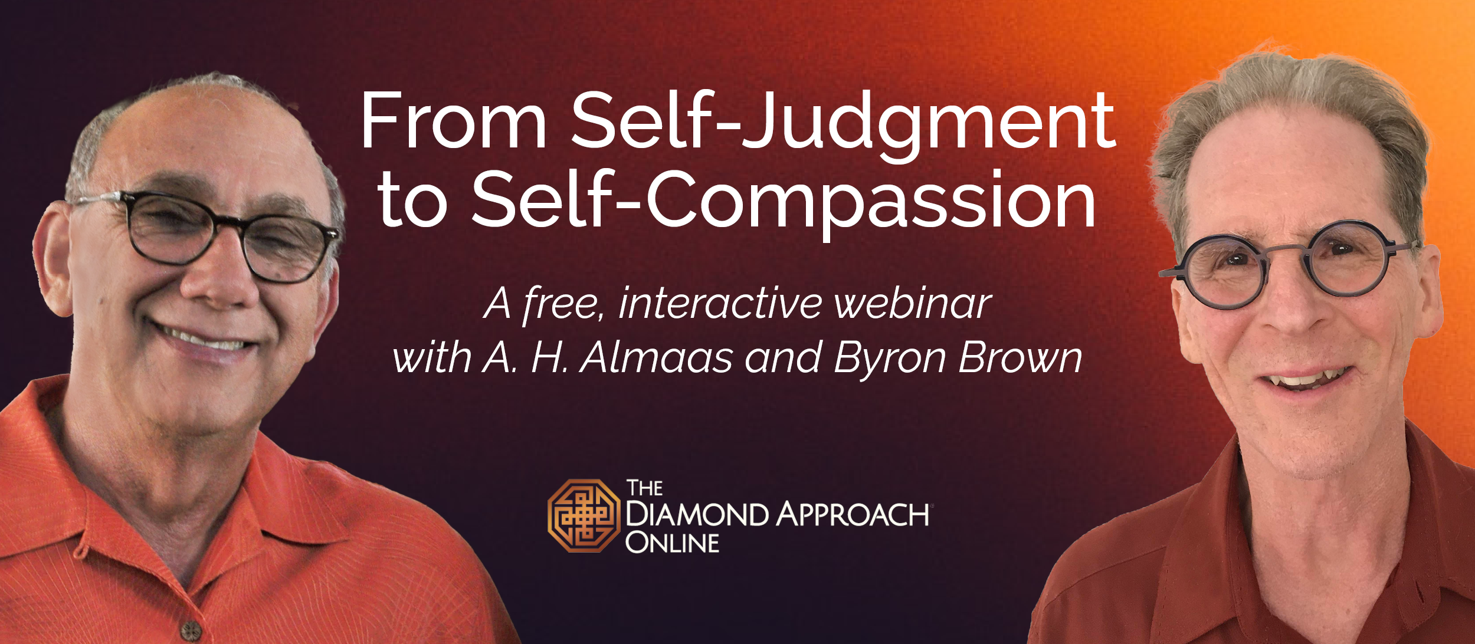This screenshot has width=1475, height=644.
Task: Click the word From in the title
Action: (x=454, y=120)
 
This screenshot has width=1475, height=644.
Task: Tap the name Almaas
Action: (x=656, y=358)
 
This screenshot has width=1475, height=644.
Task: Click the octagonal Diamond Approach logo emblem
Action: (x=584, y=515)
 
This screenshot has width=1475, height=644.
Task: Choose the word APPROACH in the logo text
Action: (x=852, y=515)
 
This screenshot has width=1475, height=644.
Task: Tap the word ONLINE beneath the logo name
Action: (x=672, y=543)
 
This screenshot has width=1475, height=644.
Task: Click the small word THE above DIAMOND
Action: (x=644, y=488)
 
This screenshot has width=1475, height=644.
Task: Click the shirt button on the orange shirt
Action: (x=190, y=630)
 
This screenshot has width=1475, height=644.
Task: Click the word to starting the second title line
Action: (x=412, y=202)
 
